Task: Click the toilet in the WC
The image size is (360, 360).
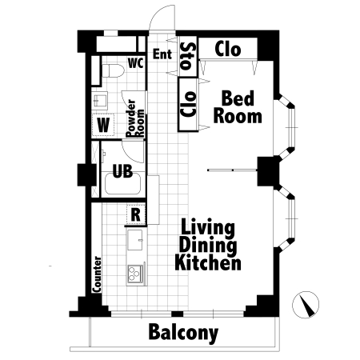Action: [113, 70]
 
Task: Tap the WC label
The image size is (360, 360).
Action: [136, 63]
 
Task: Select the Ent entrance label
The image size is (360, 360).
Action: [162, 54]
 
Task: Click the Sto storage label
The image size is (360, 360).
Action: [188, 56]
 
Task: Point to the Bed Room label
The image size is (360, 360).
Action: [238, 107]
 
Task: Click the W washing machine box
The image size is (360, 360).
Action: [103, 125]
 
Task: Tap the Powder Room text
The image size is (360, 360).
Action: [135, 118]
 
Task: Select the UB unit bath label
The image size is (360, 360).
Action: [122, 171]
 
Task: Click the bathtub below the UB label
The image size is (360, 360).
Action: [122, 184]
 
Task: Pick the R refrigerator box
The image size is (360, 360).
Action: [136, 214]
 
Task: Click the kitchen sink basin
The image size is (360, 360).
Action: [135, 240]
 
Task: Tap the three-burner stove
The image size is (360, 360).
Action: [135, 274]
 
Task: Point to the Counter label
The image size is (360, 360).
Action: [97, 274]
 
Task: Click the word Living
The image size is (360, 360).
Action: [208, 228]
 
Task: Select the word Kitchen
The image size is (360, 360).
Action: [208, 262]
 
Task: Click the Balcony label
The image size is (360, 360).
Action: [183, 332]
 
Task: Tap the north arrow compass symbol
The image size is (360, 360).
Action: [306, 305]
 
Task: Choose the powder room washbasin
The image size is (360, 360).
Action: [100, 100]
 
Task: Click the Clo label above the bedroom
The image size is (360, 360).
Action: [228, 49]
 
